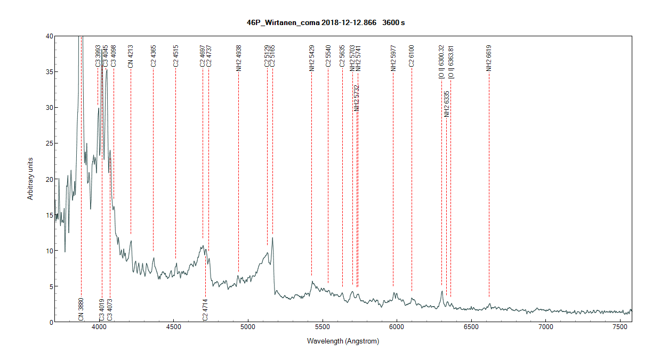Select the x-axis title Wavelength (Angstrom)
[343, 341]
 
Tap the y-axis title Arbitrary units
[31, 179]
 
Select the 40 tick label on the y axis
[49, 36]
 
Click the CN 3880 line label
[81, 310]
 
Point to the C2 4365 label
[153, 56]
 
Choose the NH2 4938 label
[238, 58]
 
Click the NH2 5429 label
[311, 58]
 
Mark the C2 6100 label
[411, 56]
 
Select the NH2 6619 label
[488, 58]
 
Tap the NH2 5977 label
[393, 58]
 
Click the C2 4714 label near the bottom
[205, 310]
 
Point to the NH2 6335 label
[447, 103]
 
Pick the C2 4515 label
[175, 56]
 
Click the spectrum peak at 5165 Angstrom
[272, 238]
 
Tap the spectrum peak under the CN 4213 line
[131, 241]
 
